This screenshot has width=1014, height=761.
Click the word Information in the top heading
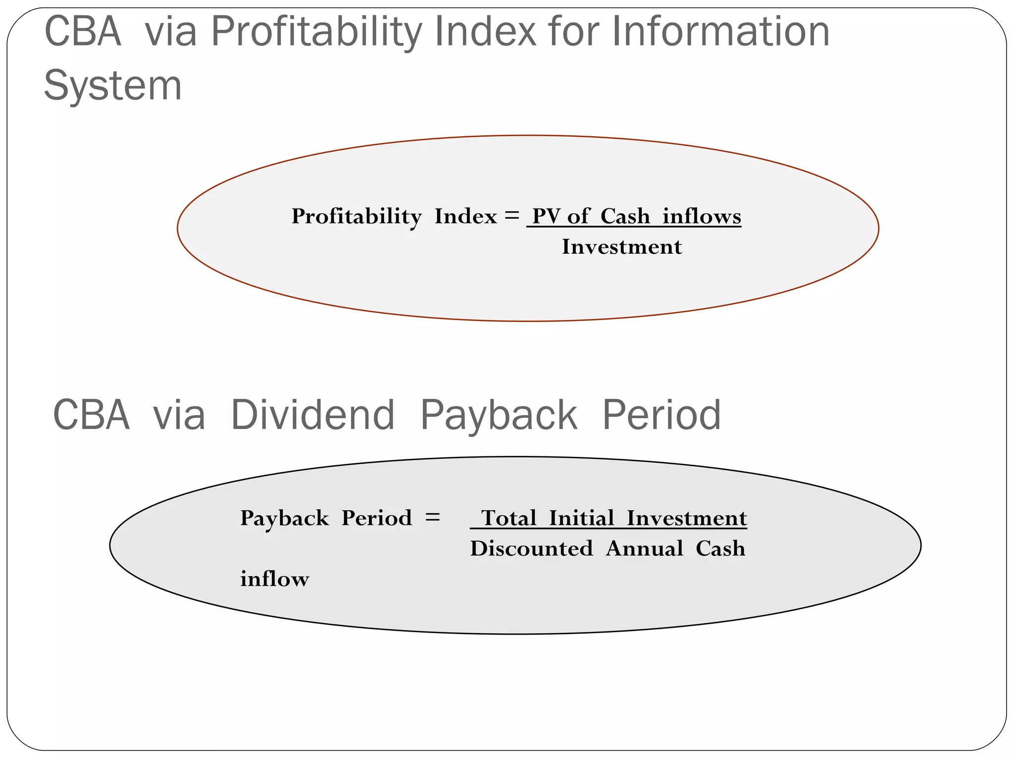[721, 32]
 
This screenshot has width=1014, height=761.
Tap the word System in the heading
[113, 86]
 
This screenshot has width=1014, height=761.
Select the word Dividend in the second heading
[313, 415]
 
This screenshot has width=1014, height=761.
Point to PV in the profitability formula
[546, 217]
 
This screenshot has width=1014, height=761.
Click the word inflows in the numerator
[702, 217]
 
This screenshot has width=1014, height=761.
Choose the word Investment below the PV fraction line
[622, 247]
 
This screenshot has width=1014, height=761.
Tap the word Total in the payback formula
[509, 518]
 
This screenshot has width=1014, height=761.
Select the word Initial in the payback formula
[582, 518]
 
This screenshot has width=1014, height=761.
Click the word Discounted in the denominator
[531, 549]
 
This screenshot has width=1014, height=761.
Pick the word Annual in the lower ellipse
[644, 549]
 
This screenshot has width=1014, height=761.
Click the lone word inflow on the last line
[275, 579]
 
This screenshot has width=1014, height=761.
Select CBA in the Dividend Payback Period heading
[91, 415]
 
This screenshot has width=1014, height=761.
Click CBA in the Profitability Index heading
[83, 32]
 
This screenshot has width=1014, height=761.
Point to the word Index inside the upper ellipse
[465, 217]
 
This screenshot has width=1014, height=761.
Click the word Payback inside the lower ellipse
[284, 518]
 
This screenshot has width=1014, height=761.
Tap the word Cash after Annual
[720, 549]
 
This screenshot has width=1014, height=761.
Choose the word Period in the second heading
[661, 415]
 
